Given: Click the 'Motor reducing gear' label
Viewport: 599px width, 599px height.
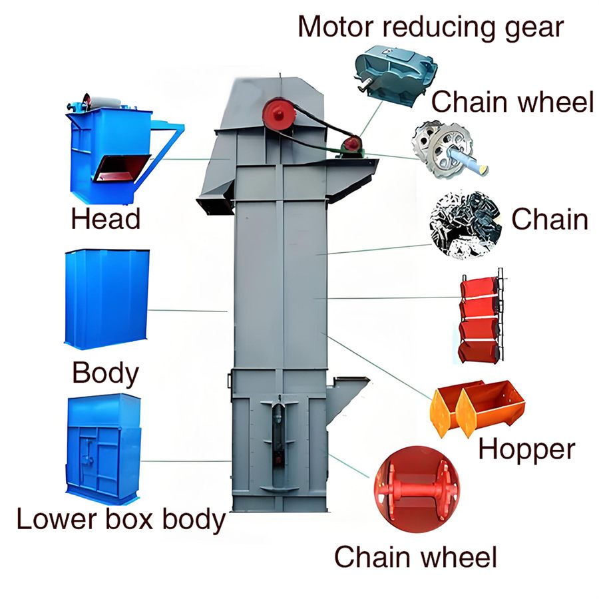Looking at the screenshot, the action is point(431,27).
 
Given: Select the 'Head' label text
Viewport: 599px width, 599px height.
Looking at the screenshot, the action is point(106,219).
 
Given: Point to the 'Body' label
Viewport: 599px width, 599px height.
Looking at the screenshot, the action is point(105,373).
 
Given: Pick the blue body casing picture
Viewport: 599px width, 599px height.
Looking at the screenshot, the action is point(107,299).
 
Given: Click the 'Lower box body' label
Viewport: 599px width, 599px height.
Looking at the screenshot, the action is point(121,520).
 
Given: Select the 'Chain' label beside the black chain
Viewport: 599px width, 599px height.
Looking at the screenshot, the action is point(550,219).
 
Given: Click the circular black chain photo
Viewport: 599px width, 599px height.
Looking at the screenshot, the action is point(465,225).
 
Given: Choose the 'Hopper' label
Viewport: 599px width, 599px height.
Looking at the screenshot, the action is point(527,450).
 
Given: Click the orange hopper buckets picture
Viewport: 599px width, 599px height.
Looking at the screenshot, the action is point(477,408).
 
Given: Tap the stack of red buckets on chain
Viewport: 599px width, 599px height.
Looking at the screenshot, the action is point(481,316).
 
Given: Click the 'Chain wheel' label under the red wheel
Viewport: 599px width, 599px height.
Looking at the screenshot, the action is point(415,557).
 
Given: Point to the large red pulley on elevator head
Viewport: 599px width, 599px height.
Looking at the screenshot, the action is point(280,112).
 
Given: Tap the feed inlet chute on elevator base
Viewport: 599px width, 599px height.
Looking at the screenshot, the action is point(347,397).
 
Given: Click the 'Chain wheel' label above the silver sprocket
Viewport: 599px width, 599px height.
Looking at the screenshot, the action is point(512,102).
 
